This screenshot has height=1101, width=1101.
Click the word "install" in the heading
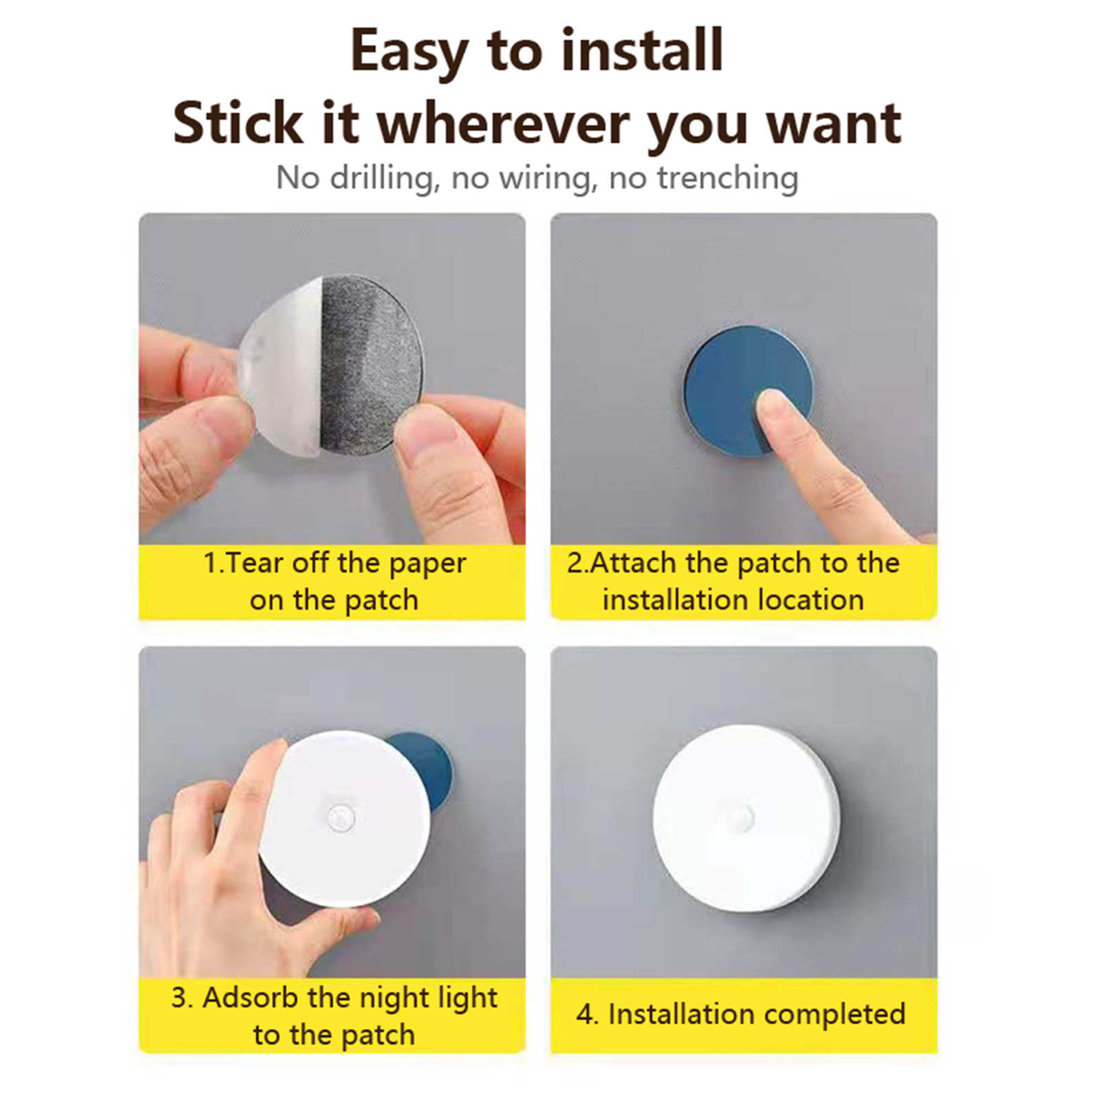641,50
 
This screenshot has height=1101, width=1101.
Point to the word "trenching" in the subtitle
728,178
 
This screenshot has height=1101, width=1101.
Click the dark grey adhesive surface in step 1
370,365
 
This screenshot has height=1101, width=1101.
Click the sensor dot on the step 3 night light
341,817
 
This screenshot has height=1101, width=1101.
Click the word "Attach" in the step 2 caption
634,563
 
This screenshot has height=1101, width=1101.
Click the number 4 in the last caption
584,1015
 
